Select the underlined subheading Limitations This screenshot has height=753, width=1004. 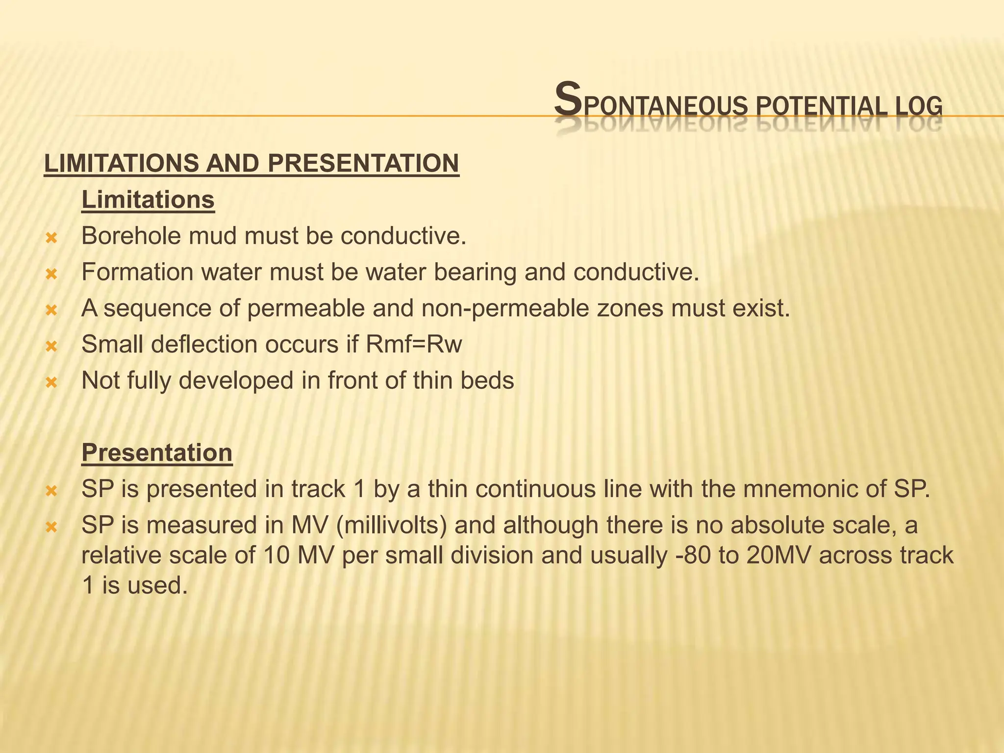tap(148, 200)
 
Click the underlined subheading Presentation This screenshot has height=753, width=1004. tap(157, 452)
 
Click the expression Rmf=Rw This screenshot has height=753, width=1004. tap(414, 345)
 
